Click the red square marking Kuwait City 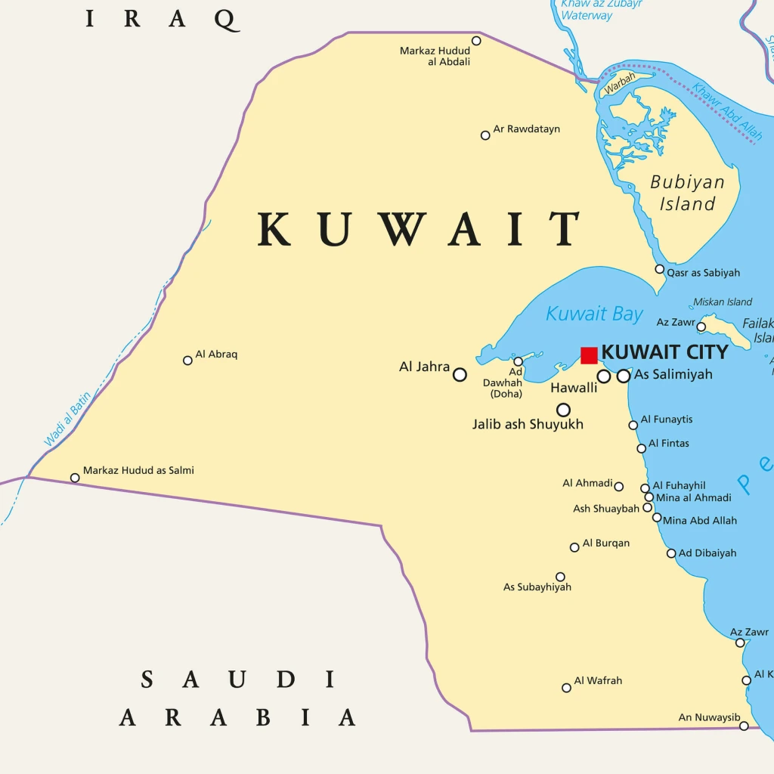[x=589, y=355]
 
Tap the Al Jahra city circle [x=460, y=374]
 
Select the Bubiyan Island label [x=687, y=193]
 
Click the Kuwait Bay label [x=594, y=314]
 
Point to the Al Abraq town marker [x=187, y=361]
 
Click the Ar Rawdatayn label [x=527, y=129]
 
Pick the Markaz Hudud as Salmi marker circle [x=75, y=478]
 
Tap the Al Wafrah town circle [x=566, y=688]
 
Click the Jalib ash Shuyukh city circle [x=563, y=410]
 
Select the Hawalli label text [x=574, y=388]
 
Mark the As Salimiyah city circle [x=624, y=376]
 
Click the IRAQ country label [x=163, y=19]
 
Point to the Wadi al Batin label [x=67, y=418]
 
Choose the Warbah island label [x=620, y=84]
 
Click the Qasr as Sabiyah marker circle [x=660, y=269]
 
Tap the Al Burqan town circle [x=574, y=547]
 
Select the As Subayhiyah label [x=537, y=587]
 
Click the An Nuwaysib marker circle [x=744, y=726]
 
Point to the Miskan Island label [x=723, y=302]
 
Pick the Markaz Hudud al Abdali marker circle [x=476, y=41]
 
